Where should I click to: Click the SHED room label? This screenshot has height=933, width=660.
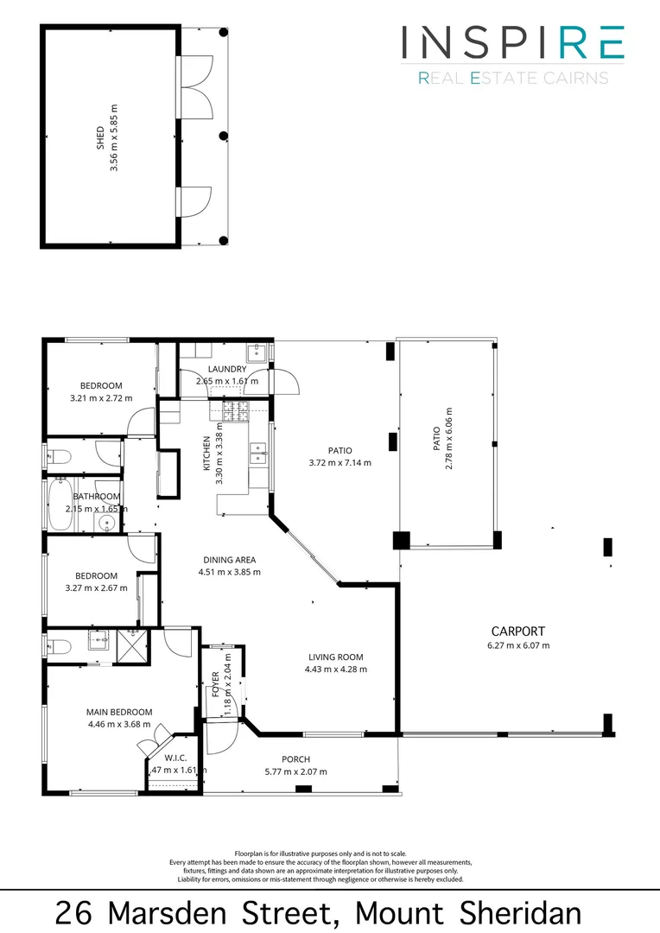99,138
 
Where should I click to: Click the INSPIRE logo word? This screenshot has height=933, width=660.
512,42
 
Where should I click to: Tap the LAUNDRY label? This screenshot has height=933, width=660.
227,369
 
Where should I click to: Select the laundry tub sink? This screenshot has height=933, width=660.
257,352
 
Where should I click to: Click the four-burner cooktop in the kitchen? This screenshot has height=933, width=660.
235,411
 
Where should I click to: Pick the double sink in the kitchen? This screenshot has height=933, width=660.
257,453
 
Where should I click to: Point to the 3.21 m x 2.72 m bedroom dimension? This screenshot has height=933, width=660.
101,398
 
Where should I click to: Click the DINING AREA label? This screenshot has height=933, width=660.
229,560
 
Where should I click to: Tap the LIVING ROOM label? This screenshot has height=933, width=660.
335,657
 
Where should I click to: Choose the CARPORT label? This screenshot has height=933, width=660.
518,631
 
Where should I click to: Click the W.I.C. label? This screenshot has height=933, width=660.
175,758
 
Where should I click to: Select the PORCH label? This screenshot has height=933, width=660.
295,759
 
